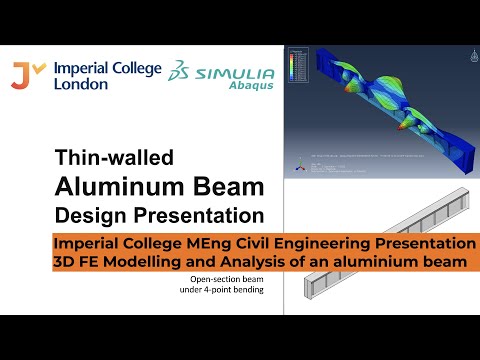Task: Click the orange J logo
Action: (x=24, y=74)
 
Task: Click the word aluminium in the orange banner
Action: (x=378, y=261)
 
